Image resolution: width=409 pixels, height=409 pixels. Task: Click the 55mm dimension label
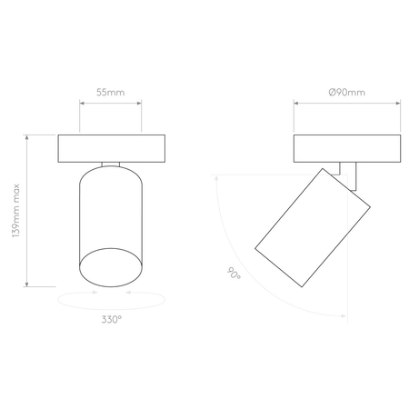coord(111,93)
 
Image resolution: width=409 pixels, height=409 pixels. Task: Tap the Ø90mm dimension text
coord(347,93)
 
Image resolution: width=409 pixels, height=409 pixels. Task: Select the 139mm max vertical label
coord(15,211)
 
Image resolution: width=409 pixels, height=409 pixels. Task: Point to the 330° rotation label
coord(112,319)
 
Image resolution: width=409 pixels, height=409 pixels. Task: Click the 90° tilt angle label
coord(234,274)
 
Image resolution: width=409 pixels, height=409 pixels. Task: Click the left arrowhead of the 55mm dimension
coord(82,103)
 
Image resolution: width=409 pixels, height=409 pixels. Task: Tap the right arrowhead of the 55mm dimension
coord(139,103)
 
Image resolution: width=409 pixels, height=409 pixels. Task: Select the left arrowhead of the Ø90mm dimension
coord(296,103)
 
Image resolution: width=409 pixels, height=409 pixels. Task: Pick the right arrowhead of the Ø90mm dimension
coord(398,103)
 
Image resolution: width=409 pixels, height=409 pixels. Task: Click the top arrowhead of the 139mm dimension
coord(27,137)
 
